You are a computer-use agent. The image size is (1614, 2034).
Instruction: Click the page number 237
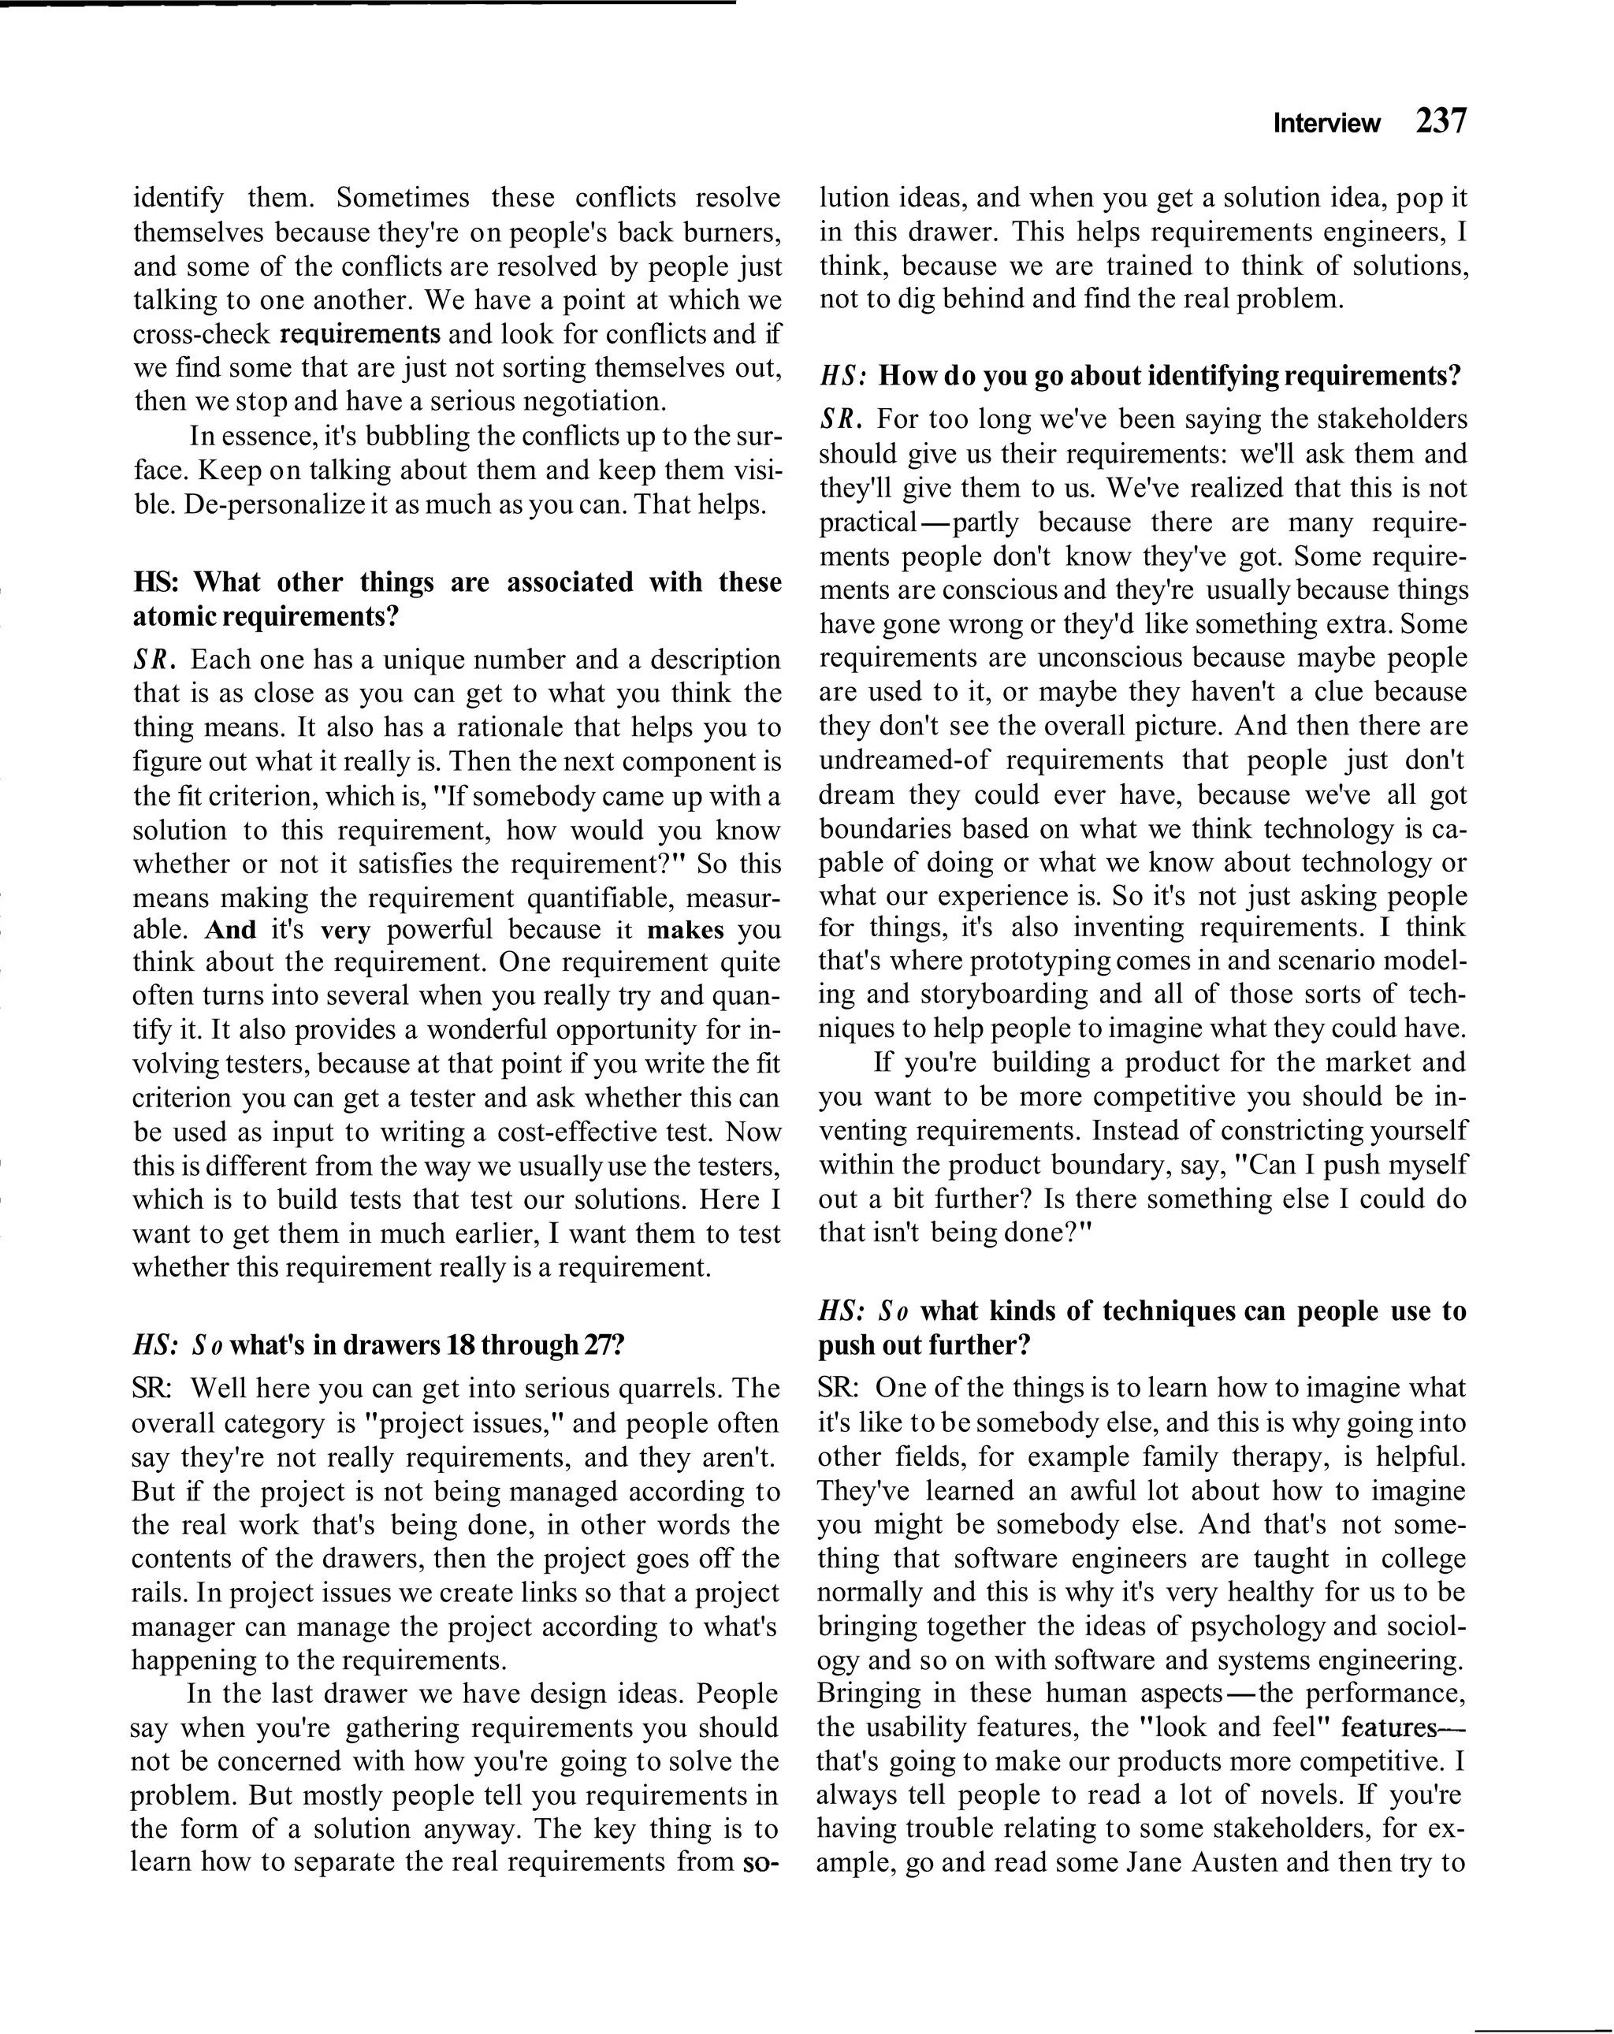coord(1441,121)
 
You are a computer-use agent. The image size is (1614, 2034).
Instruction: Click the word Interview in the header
coord(1326,124)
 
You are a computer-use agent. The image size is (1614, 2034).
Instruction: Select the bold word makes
coord(686,929)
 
